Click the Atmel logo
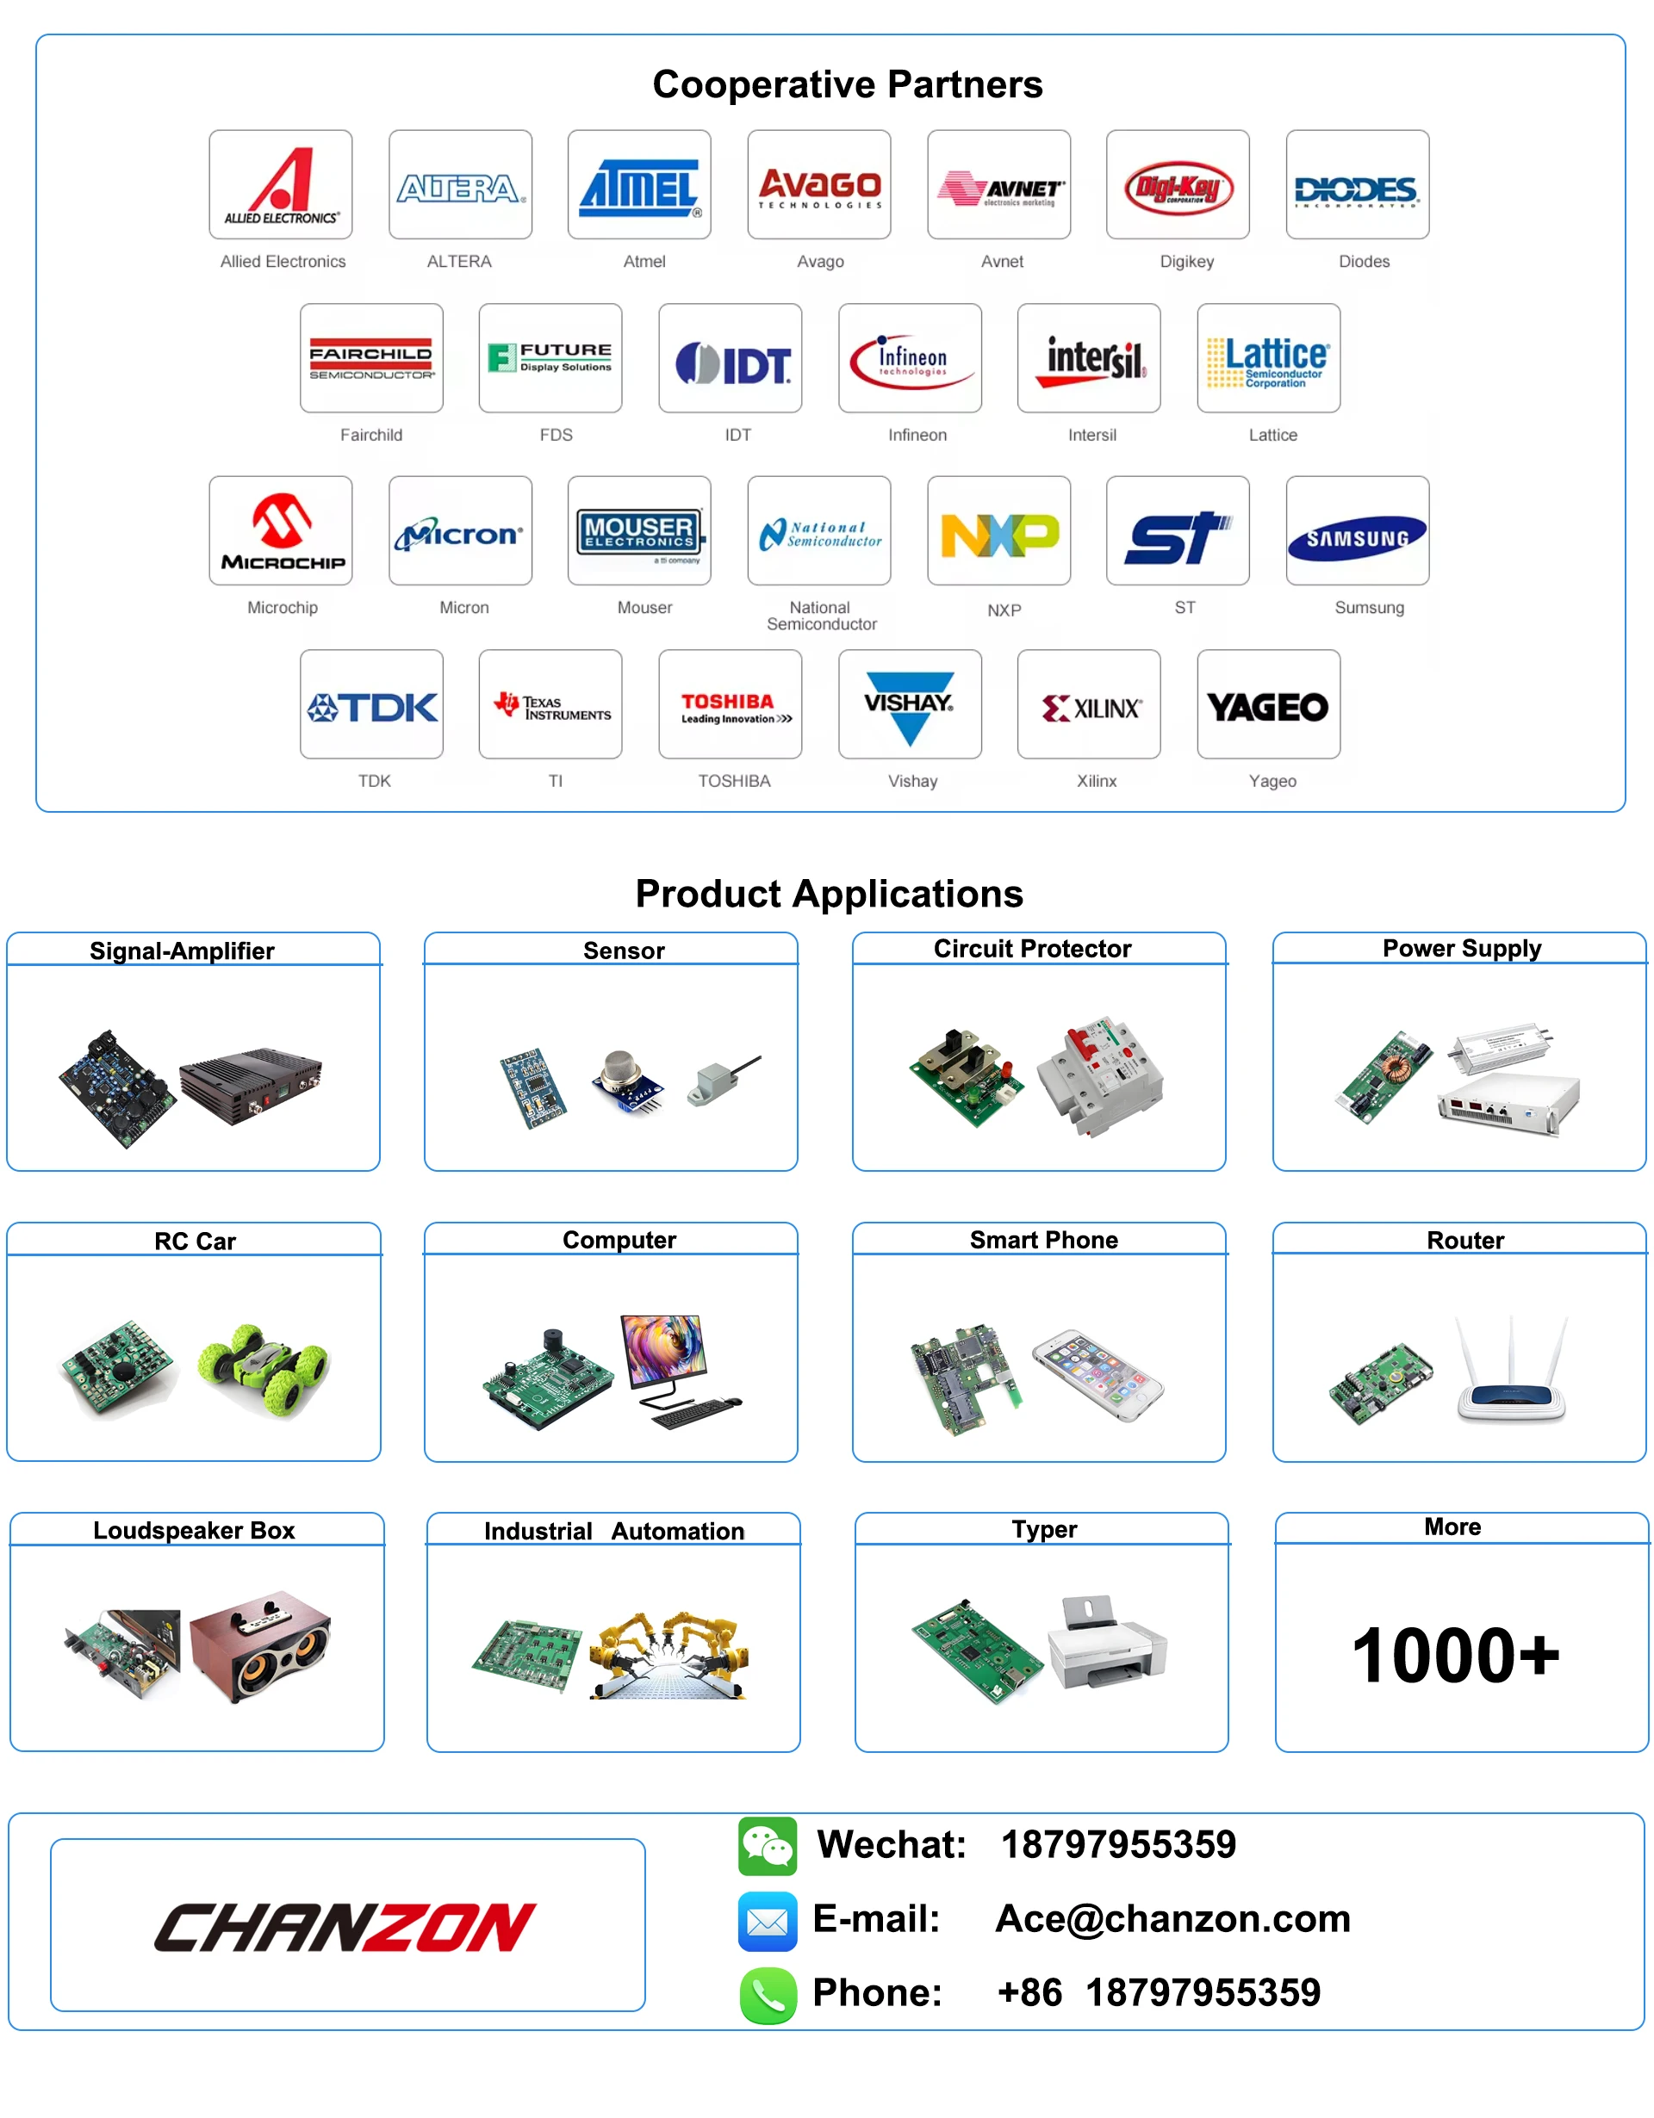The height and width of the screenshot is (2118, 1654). pos(639,186)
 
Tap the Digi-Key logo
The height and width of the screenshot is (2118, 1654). pos(1178,187)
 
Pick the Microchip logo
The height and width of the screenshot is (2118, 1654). pos(282,531)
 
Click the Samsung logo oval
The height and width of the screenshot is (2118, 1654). pos(1356,537)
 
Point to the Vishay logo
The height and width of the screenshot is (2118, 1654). pos(909,705)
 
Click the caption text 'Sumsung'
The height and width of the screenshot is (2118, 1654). pos(1368,607)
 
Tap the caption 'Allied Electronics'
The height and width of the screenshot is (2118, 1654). pos(283,261)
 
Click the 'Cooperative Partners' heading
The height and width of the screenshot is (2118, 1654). pos(847,84)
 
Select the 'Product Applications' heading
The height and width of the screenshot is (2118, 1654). pos(829,893)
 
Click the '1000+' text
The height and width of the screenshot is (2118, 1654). pos(1455,1656)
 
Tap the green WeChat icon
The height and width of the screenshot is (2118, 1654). pos(767,1845)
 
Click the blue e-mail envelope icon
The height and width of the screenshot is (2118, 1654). pos(767,1920)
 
